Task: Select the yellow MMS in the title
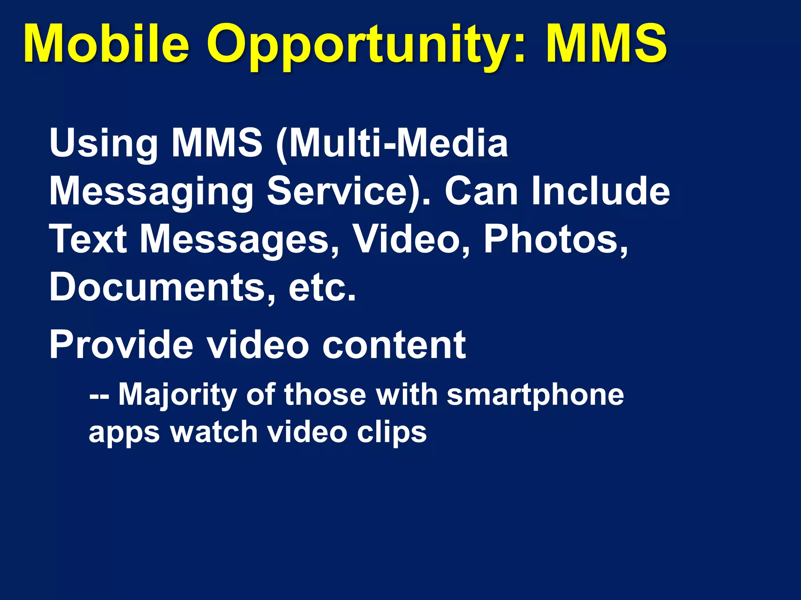607,44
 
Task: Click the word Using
104,144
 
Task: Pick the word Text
88,239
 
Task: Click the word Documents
157,287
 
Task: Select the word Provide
121,345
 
